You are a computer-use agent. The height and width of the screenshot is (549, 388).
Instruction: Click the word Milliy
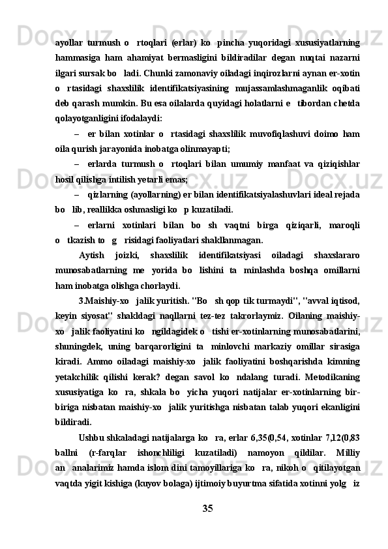pyautogui.click(x=346, y=451)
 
